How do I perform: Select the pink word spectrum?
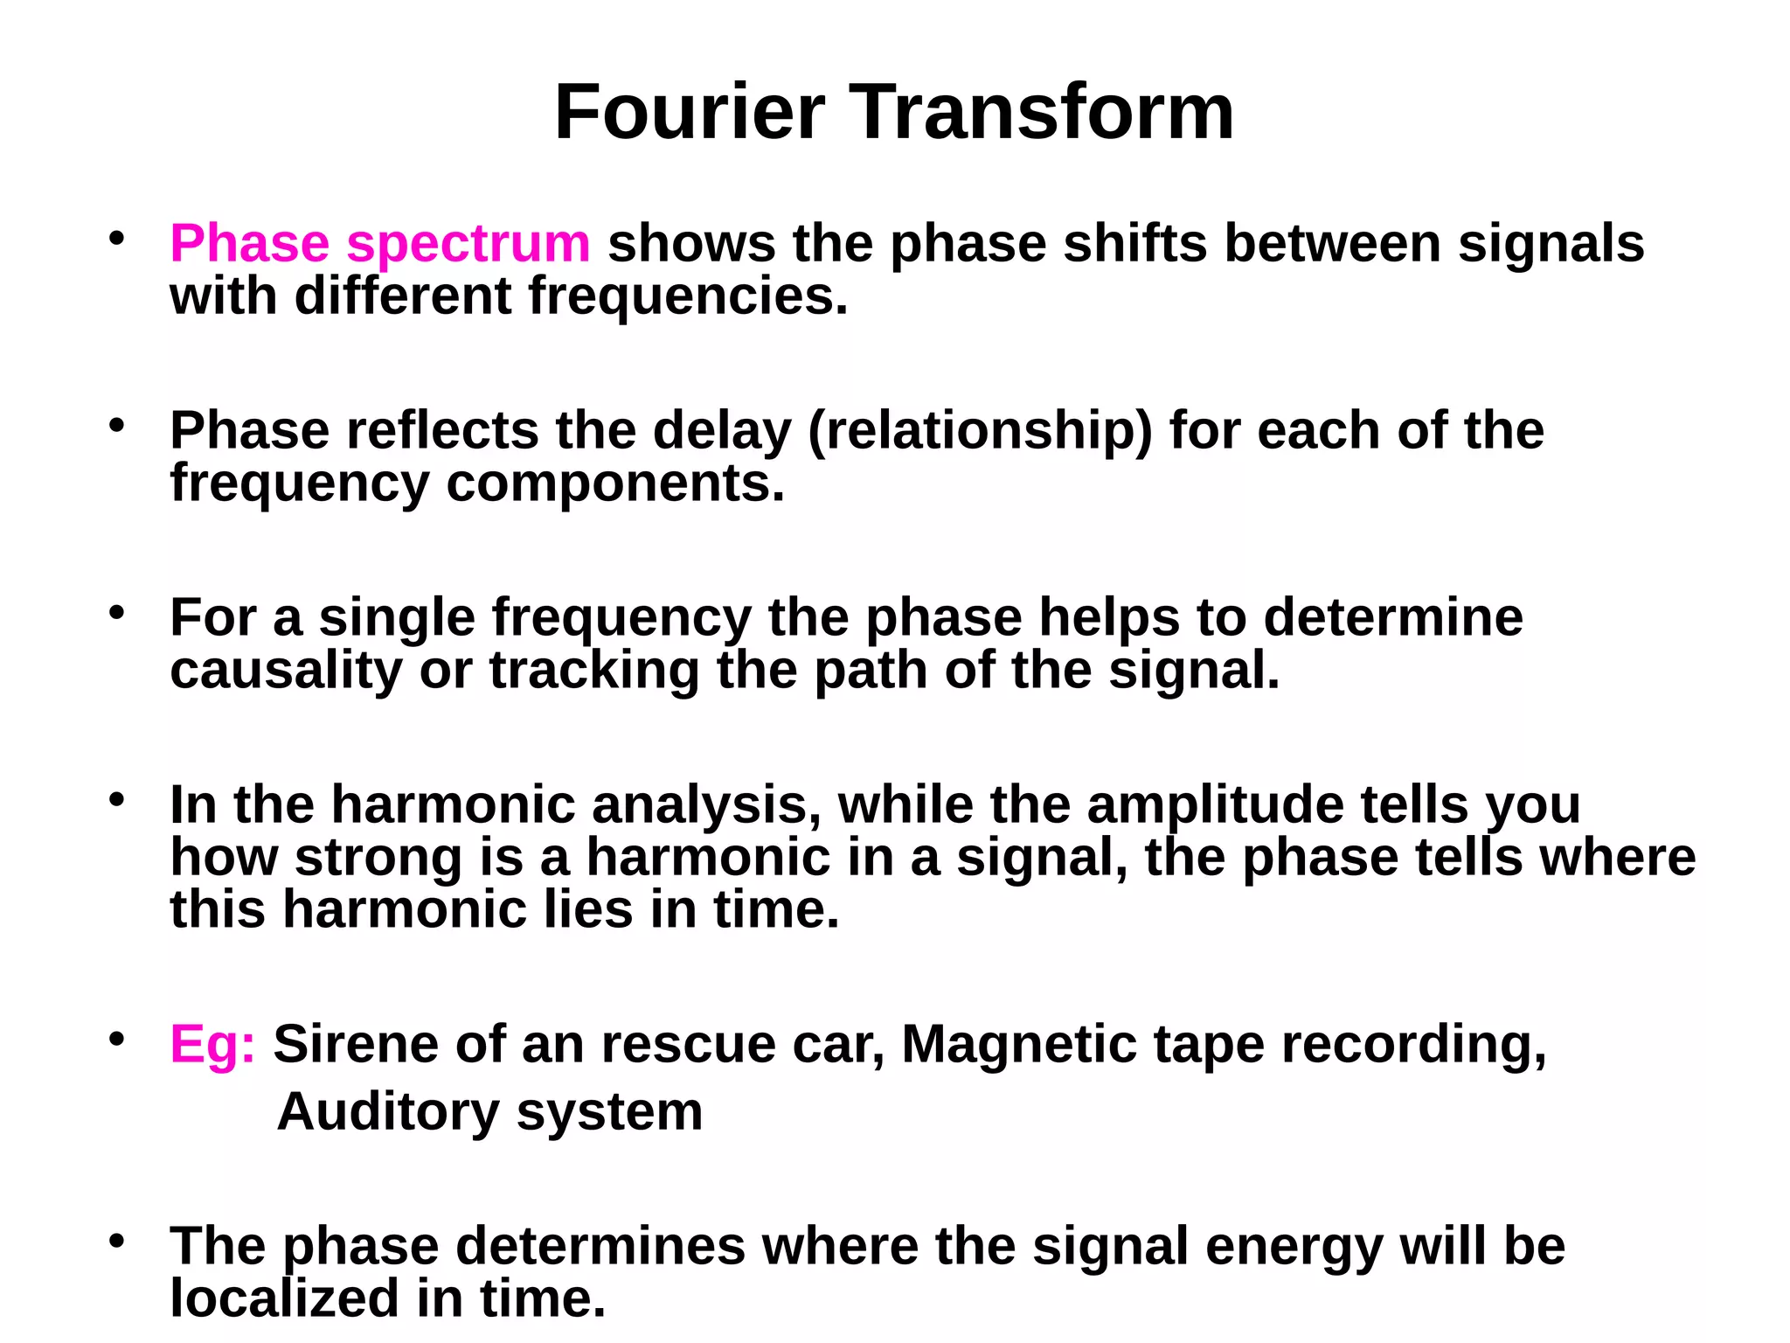(468, 245)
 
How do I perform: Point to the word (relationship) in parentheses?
(981, 431)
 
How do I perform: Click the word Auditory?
(388, 1111)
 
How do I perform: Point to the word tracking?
(594, 671)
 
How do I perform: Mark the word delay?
(722, 431)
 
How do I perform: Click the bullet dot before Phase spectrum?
(117, 238)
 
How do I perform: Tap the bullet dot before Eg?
(117, 1040)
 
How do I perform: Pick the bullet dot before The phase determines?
(117, 1242)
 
